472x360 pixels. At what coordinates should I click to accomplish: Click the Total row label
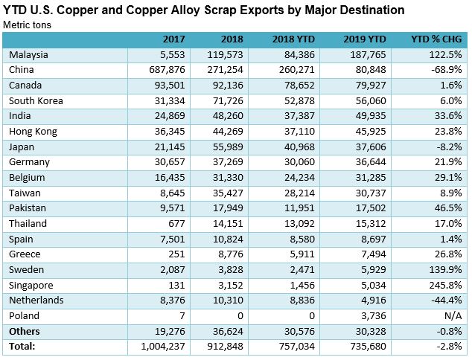tap(22, 346)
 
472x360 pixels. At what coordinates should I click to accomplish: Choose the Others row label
tap(25, 332)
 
